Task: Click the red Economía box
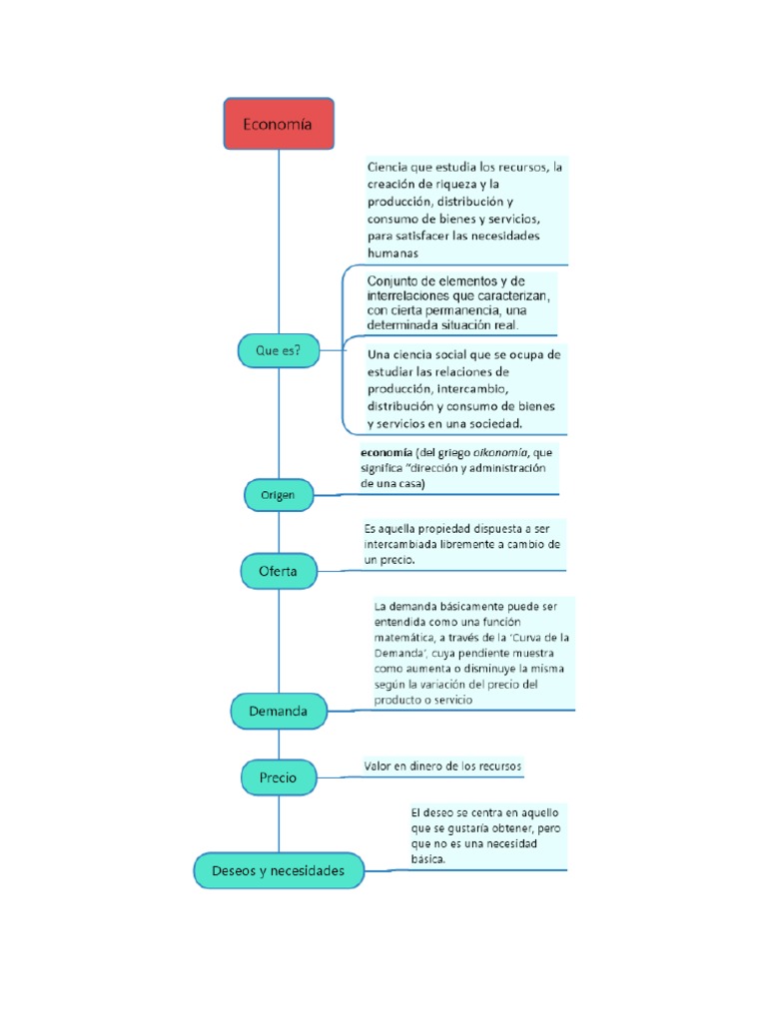(278, 124)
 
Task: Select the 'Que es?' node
(278, 350)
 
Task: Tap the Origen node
(278, 495)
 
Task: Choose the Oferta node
(279, 572)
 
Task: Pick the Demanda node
(279, 712)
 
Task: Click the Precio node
(278, 776)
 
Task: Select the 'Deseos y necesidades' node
(278, 870)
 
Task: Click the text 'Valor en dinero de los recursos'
(442, 766)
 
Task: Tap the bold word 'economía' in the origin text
(385, 452)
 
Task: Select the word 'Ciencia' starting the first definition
(388, 167)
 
